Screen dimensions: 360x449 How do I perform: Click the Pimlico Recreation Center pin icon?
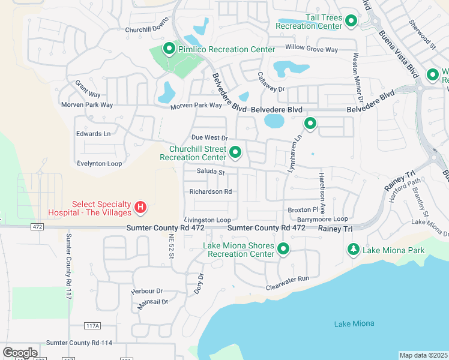pyautogui.click(x=169, y=49)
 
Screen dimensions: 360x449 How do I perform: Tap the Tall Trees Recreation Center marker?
pyautogui.click(x=351, y=22)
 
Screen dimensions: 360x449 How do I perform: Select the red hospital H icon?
pyautogui.click(x=140, y=208)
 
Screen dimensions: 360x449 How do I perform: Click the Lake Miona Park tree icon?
pyautogui.click(x=354, y=249)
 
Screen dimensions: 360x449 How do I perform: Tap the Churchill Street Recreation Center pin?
pyautogui.click(x=235, y=153)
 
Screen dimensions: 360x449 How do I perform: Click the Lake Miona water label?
pyautogui.click(x=354, y=324)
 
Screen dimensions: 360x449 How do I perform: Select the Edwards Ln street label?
pyautogui.click(x=93, y=134)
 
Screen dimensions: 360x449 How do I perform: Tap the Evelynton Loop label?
pyautogui.click(x=99, y=163)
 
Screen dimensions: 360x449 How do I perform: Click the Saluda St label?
pyautogui.click(x=210, y=172)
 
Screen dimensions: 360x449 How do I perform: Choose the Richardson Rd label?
pyautogui.click(x=210, y=192)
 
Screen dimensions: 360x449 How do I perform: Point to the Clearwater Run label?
pyautogui.click(x=288, y=279)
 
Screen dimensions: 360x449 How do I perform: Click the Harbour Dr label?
pyautogui.click(x=146, y=292)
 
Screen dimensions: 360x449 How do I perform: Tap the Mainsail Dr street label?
pyautogui.click(x=152, y=302)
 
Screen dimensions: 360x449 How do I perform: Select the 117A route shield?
pyautogui.click(x=92, y=326)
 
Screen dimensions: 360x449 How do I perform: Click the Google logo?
pyautogui.click(x=20, y=353)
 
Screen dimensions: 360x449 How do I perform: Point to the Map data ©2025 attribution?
pyautogui.click(x=423, y=355)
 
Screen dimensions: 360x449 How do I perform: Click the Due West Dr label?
pyautogui.click(x=209, y=138)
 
